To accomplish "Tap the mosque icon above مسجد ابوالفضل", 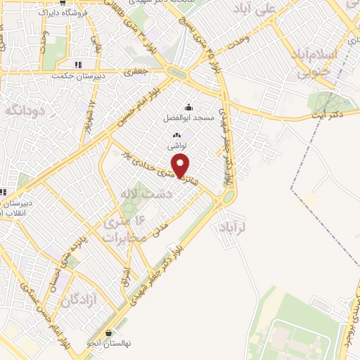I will pos(188,107).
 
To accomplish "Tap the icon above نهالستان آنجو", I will pos(108,333).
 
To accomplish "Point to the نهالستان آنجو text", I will pos(108,344).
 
